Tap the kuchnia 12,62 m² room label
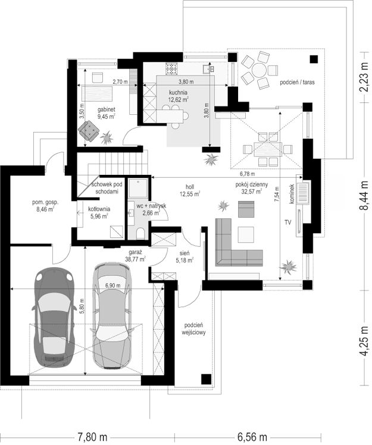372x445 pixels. click(179, 96)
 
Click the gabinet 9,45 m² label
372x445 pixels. click(107, 112)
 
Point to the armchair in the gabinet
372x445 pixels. click(89, 131)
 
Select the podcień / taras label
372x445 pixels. click(297, 83)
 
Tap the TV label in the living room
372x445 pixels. click(288, 223)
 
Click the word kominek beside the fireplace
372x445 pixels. click(292, 193)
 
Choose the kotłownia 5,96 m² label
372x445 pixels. click(99, 212)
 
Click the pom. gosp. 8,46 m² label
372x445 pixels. click(45, 206)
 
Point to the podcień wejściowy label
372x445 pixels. click(193, 328)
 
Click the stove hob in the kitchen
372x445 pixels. click(172, 68)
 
